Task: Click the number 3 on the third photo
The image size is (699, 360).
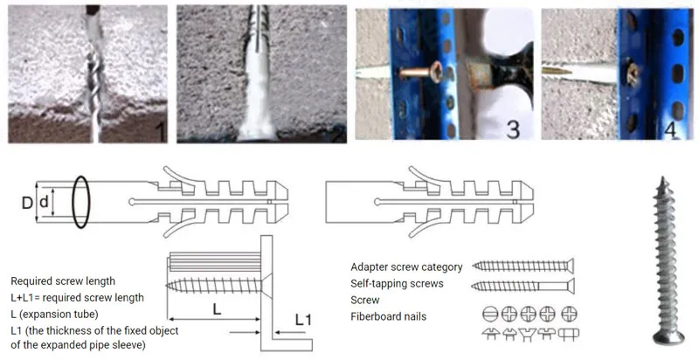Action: click(513, 128)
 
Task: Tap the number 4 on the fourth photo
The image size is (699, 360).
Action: click(670, 128)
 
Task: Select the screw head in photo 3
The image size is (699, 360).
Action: click(434, 72)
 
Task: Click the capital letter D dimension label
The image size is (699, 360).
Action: click(27, 203)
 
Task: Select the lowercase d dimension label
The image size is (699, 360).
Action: click(44, 202)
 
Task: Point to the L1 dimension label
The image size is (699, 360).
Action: click(303, 319)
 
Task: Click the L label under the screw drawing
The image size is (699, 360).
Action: click(217, 309)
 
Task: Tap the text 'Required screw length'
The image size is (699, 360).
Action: click(63, 281)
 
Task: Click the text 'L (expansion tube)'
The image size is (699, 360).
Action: click(54, 314)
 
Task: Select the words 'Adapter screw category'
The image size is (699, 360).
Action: click(406, 267)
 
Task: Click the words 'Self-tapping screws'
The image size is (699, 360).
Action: click(397, 283)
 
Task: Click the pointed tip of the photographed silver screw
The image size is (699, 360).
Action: click(662, 178)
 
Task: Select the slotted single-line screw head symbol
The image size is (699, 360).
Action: click(489, 314)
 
